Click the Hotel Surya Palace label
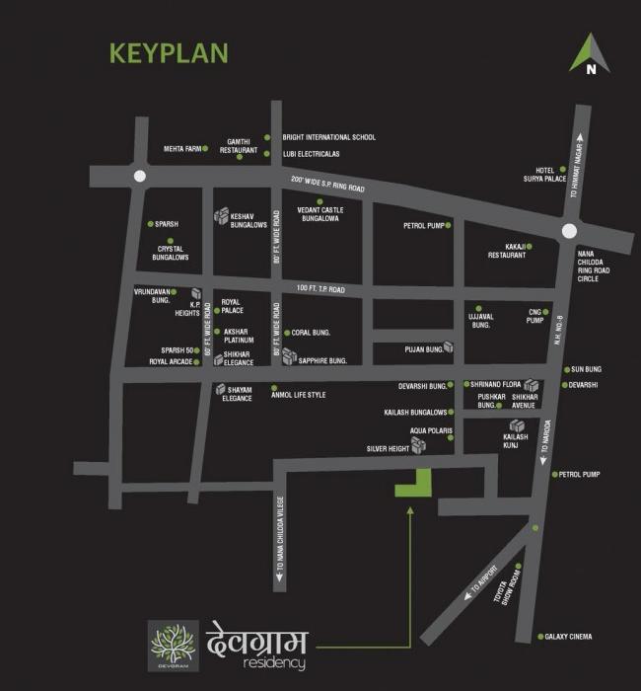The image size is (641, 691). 540,175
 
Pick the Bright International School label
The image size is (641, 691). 328,138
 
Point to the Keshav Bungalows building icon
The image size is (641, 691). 222,216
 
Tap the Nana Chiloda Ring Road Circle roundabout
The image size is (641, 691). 570,230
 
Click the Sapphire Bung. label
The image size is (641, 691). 325,362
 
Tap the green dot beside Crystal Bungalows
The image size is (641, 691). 170,241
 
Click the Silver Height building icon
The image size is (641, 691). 418,446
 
